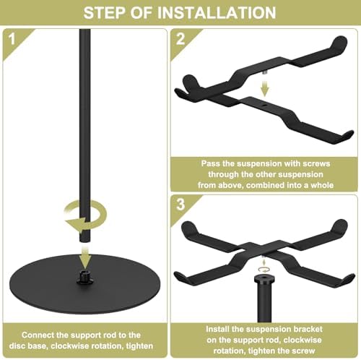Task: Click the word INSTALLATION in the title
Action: click(x=217, y=12)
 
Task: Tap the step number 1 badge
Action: click(x=12, y=38)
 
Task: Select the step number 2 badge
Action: click(x=180, y=38)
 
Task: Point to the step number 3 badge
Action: click(x=180, y=205)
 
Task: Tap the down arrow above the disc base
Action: click(x=85, y=258)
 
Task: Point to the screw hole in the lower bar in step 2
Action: click(x=264, y=106)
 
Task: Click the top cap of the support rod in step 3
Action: click(x=264, y=280)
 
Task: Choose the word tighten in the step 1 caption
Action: click(x=139, y=346)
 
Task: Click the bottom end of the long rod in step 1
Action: click(x=85, y=241)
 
